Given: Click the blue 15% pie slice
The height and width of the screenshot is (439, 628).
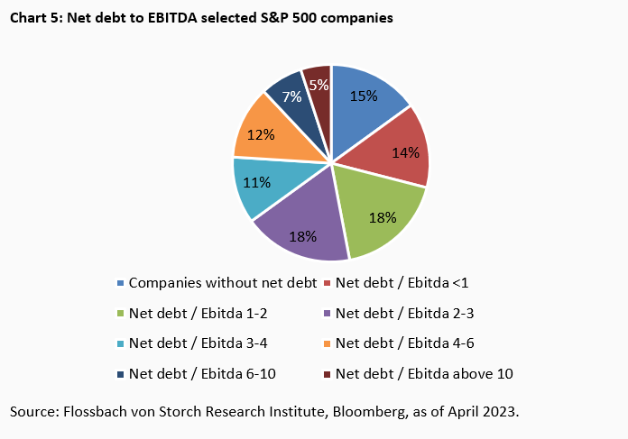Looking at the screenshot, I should [365, 104].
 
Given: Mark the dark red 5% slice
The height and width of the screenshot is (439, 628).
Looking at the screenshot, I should [318, 83].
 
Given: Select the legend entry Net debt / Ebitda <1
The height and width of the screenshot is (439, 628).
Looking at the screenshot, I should [402, 282].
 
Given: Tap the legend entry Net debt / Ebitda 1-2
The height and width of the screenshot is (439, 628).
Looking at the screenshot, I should [193, 314].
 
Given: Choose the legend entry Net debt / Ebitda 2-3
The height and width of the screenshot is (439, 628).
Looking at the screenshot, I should [401, 314].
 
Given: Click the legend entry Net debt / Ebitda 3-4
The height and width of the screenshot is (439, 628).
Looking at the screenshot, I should [193, 343].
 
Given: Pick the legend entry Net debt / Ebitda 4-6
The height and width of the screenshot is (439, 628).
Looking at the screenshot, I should [401, 343].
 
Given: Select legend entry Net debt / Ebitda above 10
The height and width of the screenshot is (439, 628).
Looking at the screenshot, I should [424, 372].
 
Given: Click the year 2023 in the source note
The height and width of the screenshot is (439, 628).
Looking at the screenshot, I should [501, 411].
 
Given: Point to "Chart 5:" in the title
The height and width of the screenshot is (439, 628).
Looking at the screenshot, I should [34, 17].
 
